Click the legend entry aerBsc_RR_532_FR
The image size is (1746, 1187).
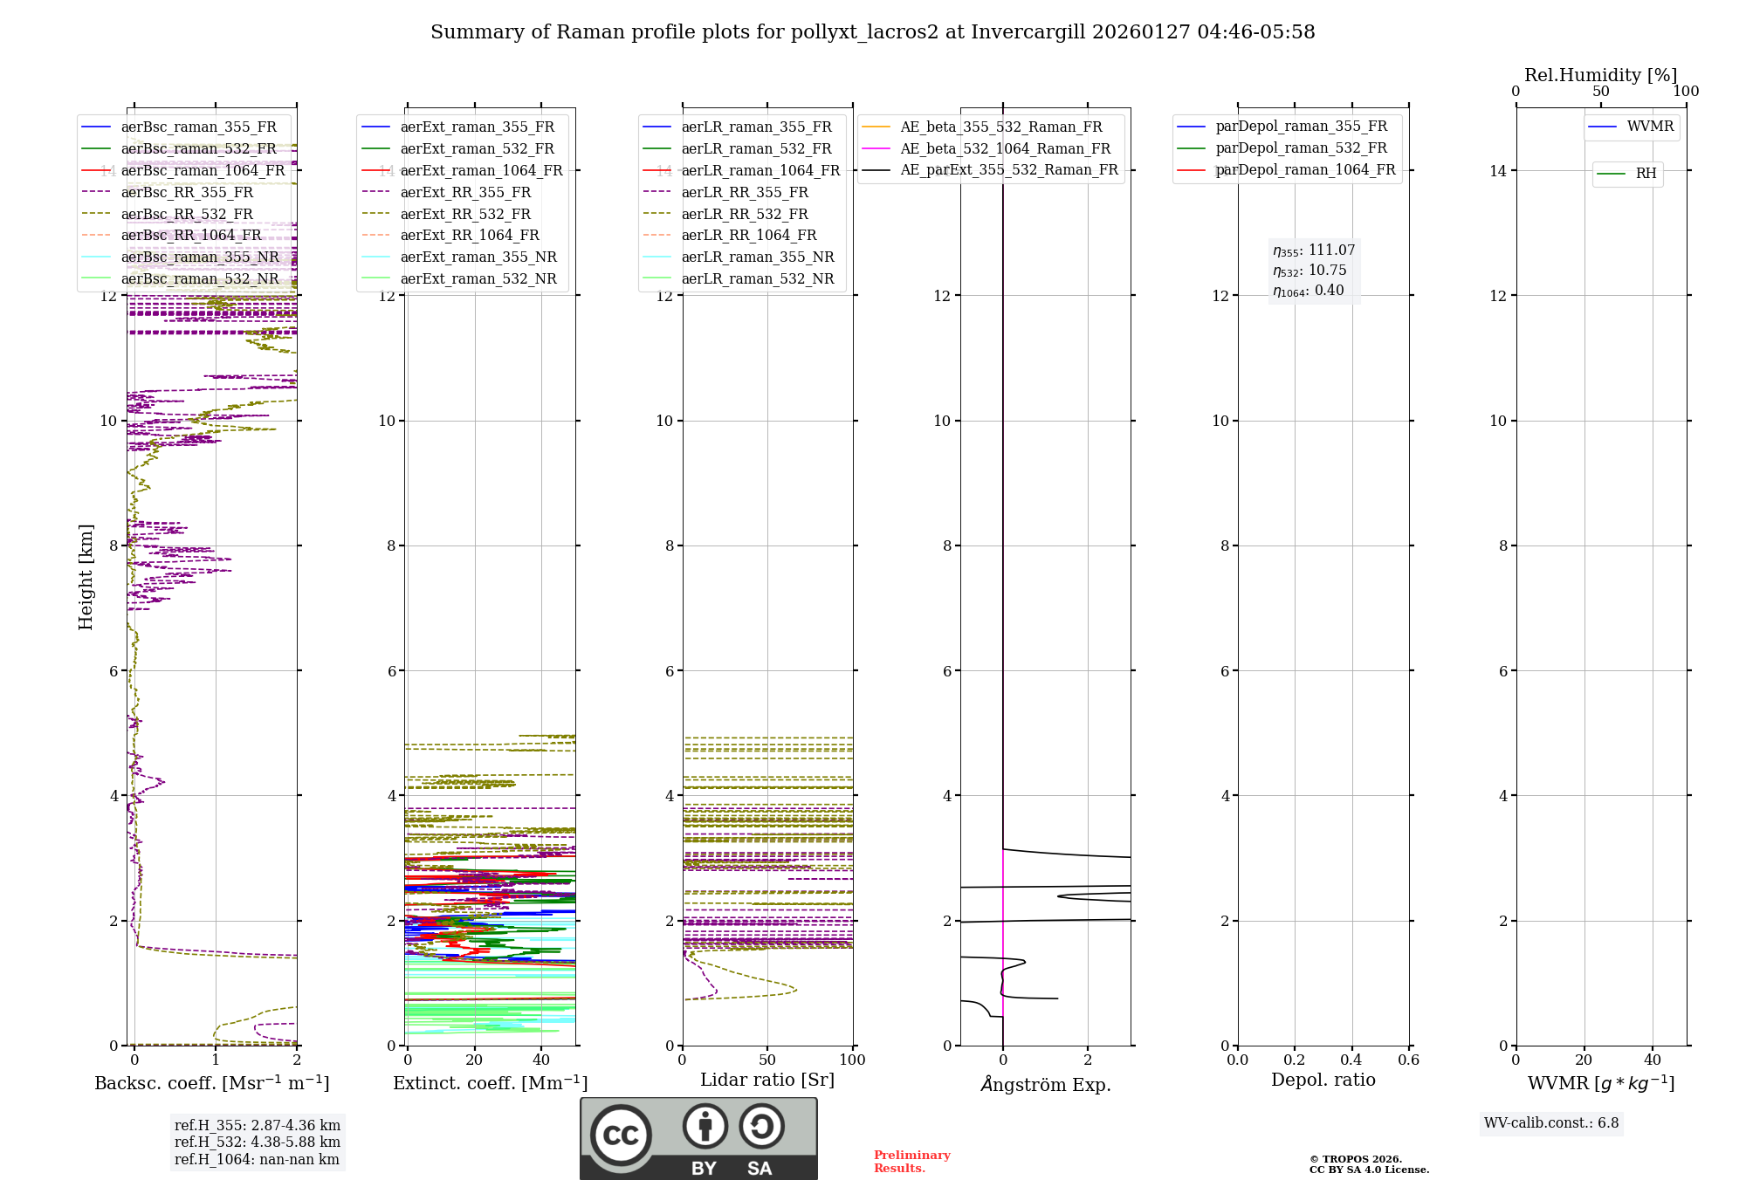tap(187, 214)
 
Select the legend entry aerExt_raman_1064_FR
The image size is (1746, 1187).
tap(481, 171)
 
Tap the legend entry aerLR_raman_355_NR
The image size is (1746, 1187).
tap(758, 257)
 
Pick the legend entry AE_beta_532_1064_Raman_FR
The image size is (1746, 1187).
tap(1005, 149)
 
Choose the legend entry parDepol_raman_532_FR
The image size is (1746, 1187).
tap(1301, 148)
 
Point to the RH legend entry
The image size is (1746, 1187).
tap(1646, 174)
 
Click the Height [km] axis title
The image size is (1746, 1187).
tap(86, 577)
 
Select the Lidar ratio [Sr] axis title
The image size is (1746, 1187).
tap(767, 1080)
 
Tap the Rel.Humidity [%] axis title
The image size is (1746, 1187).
tap(1600, 75)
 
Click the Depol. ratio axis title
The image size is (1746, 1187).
tap(1323, 1080)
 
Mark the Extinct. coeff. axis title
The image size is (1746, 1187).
tap(490, 1083)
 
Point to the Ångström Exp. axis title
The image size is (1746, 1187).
tap(1046, 1084)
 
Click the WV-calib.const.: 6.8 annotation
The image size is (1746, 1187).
tap(1551, 1123)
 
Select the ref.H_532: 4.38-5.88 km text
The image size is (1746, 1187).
tap(258, 1142)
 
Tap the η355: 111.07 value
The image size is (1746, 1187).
tap(1314, 250)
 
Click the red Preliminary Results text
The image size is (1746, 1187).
tap(911, 1162)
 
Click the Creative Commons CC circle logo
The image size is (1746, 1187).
tap(621, 1136)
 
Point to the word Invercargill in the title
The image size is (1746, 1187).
tap(1028, 32)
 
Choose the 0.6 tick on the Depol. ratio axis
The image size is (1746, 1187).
tap(1408, 1060)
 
